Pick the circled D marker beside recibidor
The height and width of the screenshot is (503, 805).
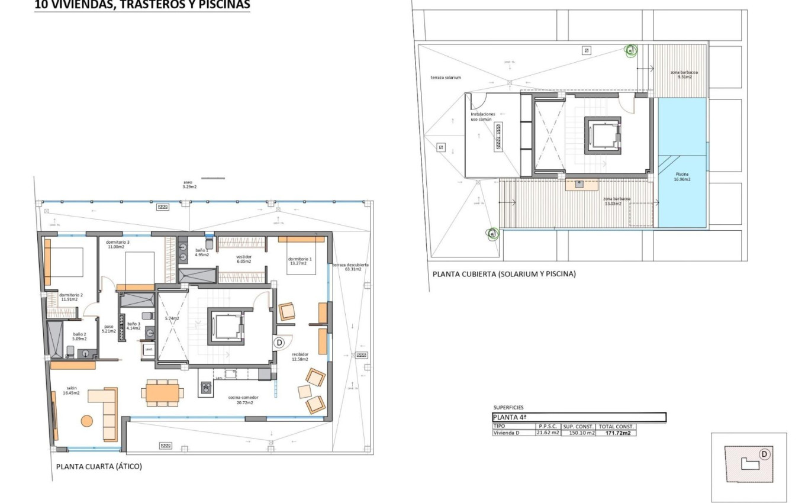[279, 342]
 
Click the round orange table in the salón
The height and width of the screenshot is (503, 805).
[87, 421]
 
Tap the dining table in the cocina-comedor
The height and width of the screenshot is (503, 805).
[162, 392]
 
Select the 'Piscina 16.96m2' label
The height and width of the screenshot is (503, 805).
[682, 176]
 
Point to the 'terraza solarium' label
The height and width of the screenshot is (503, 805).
[446, 78]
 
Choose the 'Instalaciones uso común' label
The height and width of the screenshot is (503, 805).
[482, 117]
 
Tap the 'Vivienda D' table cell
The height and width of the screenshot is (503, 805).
[506, 433]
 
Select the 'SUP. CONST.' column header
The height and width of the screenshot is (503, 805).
[578, 426]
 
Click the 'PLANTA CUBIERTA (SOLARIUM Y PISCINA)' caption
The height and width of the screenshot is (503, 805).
[504, 274]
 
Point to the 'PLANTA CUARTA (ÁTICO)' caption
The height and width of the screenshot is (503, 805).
[99, 466]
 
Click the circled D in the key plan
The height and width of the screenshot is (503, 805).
[764, 454]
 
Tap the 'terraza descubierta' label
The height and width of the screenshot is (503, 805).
[350, 267]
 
